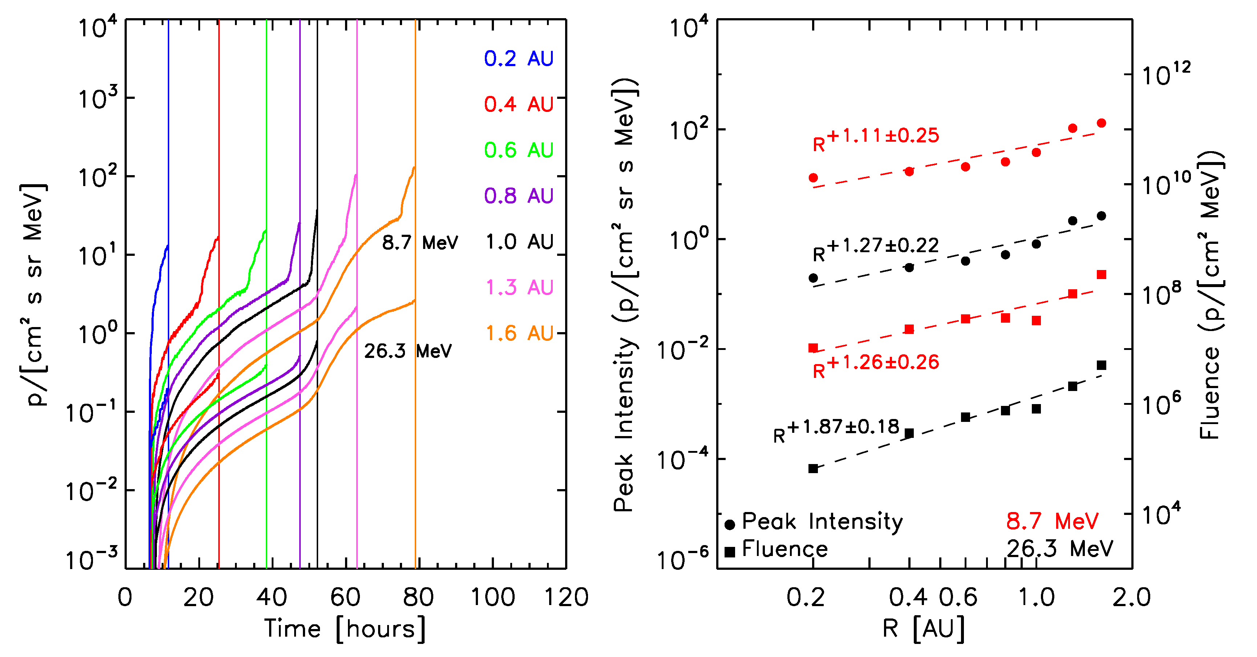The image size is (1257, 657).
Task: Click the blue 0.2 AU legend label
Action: (x=518, y=59)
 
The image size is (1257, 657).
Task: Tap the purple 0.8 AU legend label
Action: (x=518, y=196)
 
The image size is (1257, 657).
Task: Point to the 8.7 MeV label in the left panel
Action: (x=419, y=242)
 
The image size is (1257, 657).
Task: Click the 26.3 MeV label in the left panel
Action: (x=408, y=351)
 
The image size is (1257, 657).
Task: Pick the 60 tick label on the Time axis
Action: (x=345, y=597)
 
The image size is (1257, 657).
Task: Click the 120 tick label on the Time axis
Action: (x=566, y=597)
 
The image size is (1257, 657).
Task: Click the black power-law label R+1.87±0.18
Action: (x=836, y=430)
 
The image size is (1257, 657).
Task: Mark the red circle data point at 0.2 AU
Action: (x=813, y=178)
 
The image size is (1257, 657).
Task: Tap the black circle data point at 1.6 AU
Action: (x=1101, y=216)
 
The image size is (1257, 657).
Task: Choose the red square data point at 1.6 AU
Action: (x=1101, y=275)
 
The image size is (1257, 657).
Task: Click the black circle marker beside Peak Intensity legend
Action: (x=730, y=525)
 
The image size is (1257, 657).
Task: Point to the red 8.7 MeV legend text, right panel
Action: (x=1052, y=521)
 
